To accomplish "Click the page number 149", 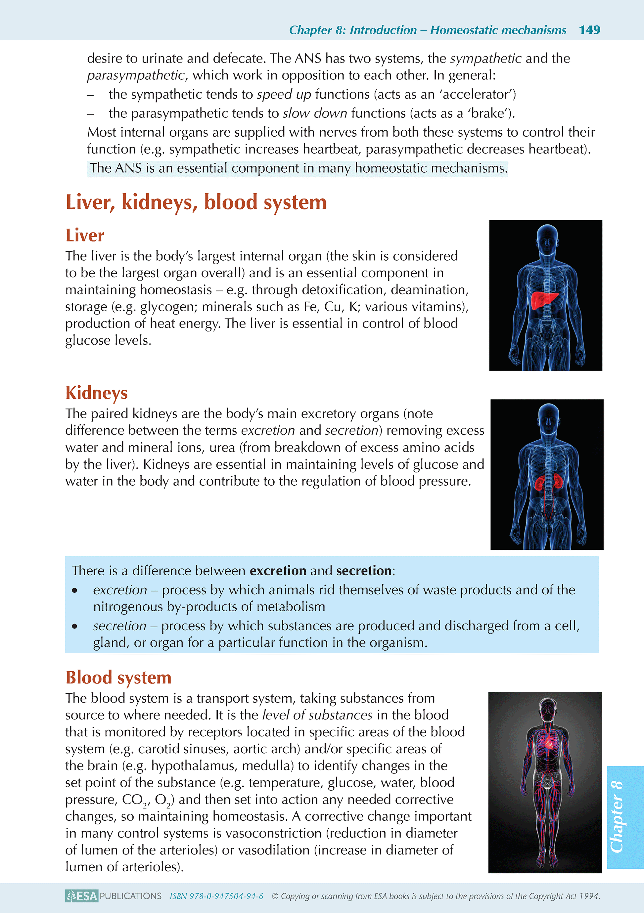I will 589,30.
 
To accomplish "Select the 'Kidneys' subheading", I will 96,393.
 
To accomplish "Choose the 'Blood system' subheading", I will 118,677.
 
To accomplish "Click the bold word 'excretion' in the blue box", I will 278,571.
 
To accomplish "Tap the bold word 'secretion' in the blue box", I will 364,571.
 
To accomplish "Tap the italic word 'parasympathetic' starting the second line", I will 136,75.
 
